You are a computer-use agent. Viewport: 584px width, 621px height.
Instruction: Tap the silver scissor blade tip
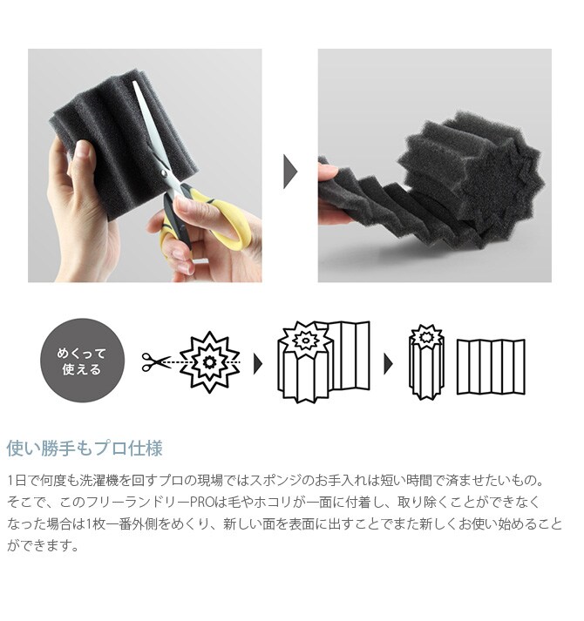pyautogui.click(x=134, y=83)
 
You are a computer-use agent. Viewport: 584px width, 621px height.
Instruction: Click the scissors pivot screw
pyautogui.click(x=164, y=172)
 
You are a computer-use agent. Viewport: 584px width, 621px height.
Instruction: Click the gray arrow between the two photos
pyautogui.click(x=289, y=172)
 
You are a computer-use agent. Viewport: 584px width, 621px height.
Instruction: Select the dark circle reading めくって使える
pyautogui.click(x=83, y=361)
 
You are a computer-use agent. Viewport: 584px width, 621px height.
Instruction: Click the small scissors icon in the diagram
pyautogui.click(x=156, y=362)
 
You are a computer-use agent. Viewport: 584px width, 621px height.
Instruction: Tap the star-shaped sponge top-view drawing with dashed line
pyautogui.click(x=209, y=362)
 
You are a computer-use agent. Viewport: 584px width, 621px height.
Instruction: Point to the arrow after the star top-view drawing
pyautogui.click(x=258, y=363)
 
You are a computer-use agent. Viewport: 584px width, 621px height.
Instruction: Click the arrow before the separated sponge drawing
pyautogui.click(x=389, y=363)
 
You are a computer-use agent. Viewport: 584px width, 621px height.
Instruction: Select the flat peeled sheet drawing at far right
pyautogui.click(x=492, y=367)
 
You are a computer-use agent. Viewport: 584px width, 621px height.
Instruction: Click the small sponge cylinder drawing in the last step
pyautogui.click(x=426, y=362)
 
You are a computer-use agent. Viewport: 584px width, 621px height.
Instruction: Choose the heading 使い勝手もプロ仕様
pyautogui.click(x=85, y=449)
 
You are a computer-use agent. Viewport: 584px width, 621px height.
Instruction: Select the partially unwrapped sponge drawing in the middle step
pyautogui.click(x=323, y=361)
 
